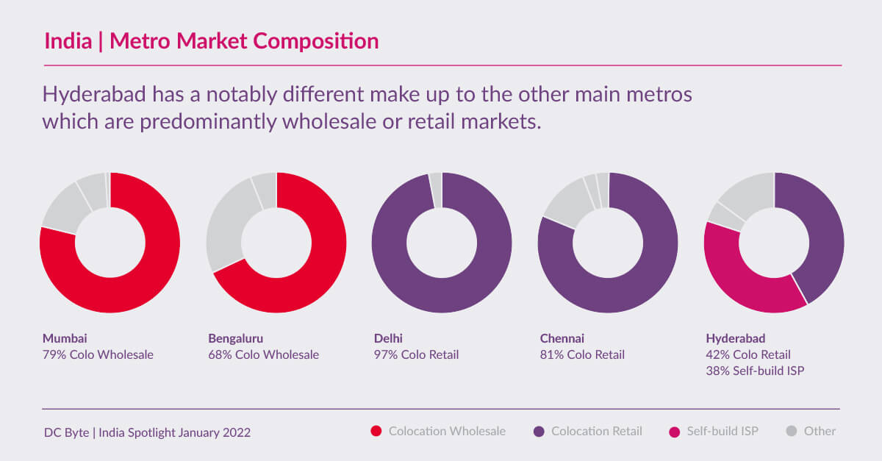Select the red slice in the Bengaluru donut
click(x=316, y=279)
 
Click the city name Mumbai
click(x=65, y=338)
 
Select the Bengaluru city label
click(x=235, y=338)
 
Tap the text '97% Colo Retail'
click(x=416, y=355)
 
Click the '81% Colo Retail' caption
click(x=582, y=355)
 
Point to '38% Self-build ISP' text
click(x=755, y=371)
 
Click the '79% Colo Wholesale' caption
click(x=98, y=355)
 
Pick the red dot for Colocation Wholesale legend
click(x=376, y=432)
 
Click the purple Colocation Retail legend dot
click(x=538, y=432)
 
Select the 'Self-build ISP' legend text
click(x=723, y=432)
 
